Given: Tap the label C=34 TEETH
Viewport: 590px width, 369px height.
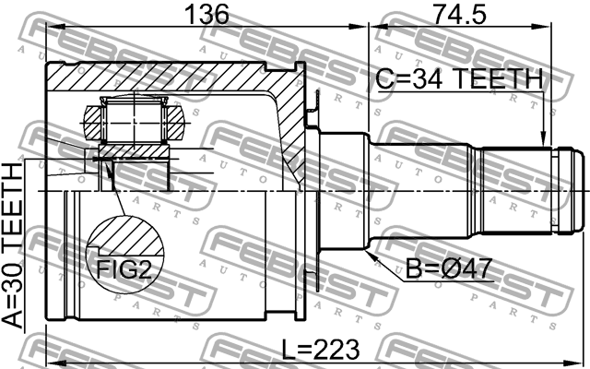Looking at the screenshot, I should [x=459, y=80].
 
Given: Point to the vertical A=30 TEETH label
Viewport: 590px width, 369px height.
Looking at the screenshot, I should [x=14, y=246].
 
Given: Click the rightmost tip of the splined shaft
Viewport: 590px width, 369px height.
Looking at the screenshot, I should [x=585, y=190].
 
